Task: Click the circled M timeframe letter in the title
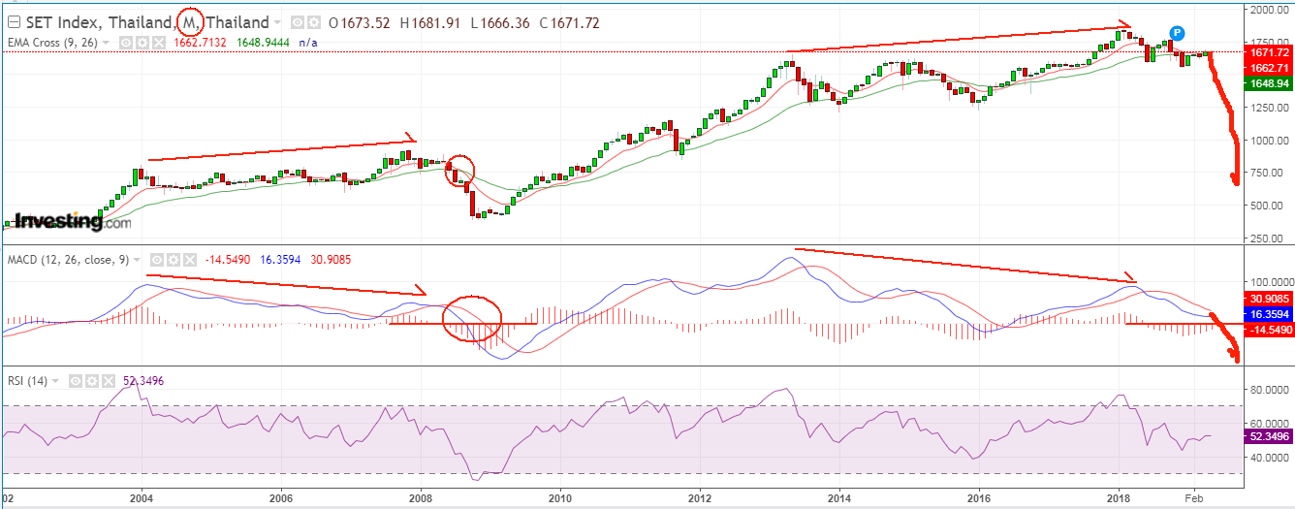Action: tap(189, 21)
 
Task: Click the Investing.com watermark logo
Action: tap(68, 222)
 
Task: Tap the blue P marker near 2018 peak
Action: tap(1177, 33)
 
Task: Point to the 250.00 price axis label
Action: tap(1263, 238)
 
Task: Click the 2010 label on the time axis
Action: tap(559, 499)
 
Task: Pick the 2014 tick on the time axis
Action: tap(839, 499)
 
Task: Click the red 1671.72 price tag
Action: tap(1268, 51)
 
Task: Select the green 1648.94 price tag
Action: tap(1268, 84)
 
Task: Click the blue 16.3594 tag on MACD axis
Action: tap(1268, 315)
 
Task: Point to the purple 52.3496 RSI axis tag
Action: tap(1268, 437)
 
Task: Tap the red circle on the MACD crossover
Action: tap(472, 319)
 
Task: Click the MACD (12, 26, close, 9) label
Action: tap(68, 260)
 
